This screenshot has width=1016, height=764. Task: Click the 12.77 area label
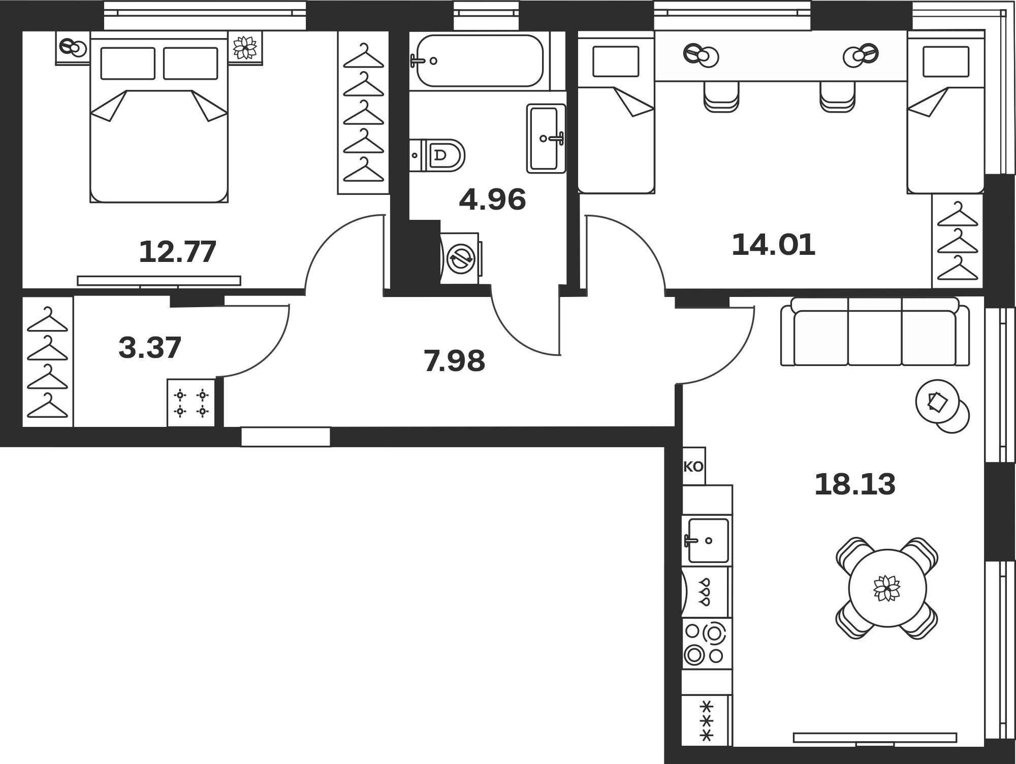coord(178,252)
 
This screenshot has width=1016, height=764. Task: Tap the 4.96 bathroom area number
coord(492,200)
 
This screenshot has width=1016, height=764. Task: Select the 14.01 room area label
coord(773,245)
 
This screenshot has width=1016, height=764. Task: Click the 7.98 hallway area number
coord(454,361)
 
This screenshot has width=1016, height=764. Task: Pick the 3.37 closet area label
coord(150,348)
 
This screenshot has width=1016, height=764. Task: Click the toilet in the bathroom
coord(437,155)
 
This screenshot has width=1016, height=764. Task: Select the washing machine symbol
coord(460,258)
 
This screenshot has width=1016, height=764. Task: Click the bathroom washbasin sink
coord(546,138)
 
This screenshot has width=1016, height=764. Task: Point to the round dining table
coord(887,588)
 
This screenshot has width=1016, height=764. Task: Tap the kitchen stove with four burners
coord(707,644)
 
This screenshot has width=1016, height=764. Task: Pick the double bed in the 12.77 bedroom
coord(159,117)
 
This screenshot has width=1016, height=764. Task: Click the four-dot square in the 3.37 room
coord(191,403)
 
